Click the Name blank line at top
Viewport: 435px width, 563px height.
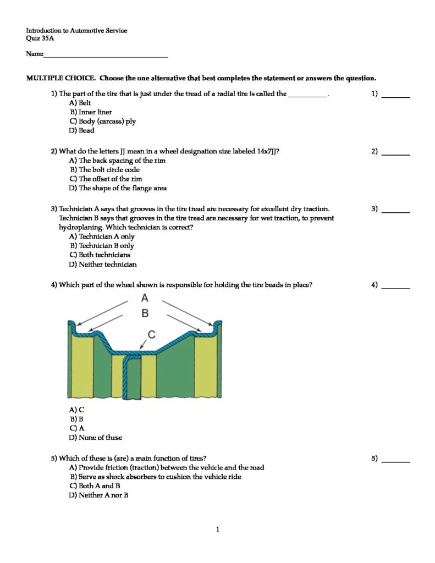(105, 56)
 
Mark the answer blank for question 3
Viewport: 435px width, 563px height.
(395, 212)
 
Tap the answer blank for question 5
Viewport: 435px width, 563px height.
(395, 461)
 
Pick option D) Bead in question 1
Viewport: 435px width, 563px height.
(82, 131)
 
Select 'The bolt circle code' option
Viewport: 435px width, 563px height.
(104, 170)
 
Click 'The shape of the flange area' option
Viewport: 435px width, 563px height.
(118, 188)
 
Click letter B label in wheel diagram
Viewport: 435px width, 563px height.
(145, 314)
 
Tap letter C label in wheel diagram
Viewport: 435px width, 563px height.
(152, 334)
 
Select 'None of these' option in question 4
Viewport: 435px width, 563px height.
(96, 438)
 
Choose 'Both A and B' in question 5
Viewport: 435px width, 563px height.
(95, 486)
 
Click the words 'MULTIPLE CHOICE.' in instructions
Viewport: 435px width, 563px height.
(62, 78)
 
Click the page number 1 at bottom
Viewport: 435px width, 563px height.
(218, 530)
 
